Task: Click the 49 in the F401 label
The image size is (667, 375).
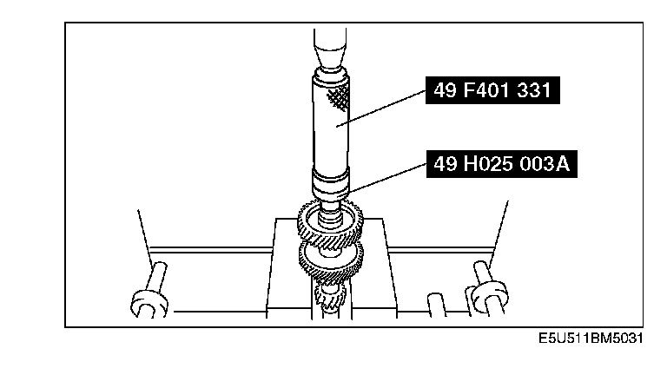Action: click(x=445, y=90)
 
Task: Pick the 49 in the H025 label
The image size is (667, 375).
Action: click(x=446, y=164)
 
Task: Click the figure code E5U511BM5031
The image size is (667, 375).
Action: click(x=591, y=339)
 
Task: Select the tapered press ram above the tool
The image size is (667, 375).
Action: click(x=330, y=49)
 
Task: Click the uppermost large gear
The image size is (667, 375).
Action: click(x=330, y=226)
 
